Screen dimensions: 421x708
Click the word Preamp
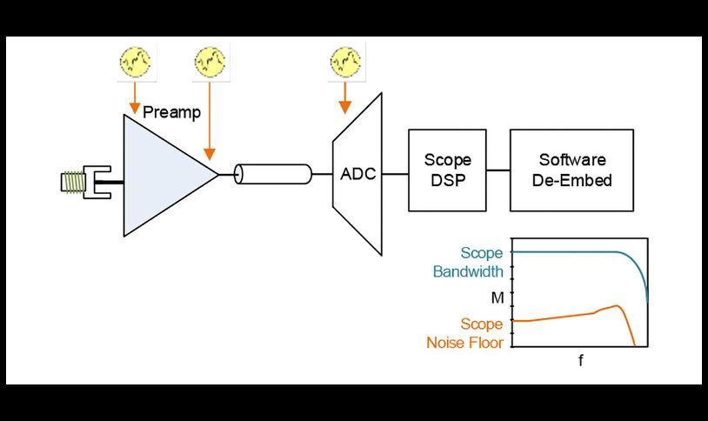point(171,112)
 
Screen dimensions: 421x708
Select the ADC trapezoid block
point(357,173)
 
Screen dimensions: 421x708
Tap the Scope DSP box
point(447,170)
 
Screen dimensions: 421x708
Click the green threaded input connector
point(70,183)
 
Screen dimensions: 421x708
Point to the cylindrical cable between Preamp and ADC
point(273,175)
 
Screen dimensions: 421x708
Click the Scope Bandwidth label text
point(468,263)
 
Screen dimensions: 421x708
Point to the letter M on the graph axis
point(497,298)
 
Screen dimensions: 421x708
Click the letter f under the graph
point(580,359)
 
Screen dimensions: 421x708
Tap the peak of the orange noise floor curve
point(617,306)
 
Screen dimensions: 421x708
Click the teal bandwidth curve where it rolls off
point(641,273)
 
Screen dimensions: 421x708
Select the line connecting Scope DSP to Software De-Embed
point(498,170)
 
